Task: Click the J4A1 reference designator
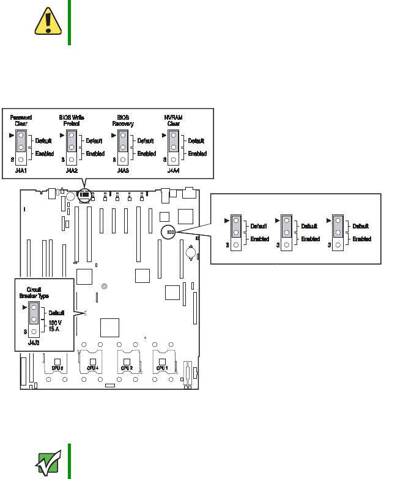(x=21, y=172)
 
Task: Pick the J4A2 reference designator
(x=72, y=172)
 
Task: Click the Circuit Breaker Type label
(x=39, y=293)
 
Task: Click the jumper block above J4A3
(x=124, y=146)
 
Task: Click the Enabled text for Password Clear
(x=44, y=153)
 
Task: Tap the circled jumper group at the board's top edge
(x=85, y=196)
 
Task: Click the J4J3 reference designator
(x=35, y=343)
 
